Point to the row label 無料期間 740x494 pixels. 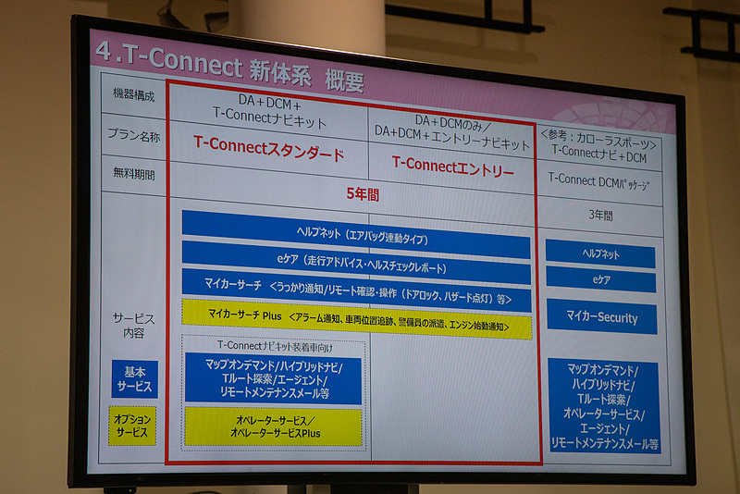134,173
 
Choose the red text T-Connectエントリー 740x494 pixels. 452,167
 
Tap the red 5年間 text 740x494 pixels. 363,195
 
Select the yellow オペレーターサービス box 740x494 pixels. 274,426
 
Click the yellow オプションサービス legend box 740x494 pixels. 132,426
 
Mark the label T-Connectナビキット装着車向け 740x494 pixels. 274,346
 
